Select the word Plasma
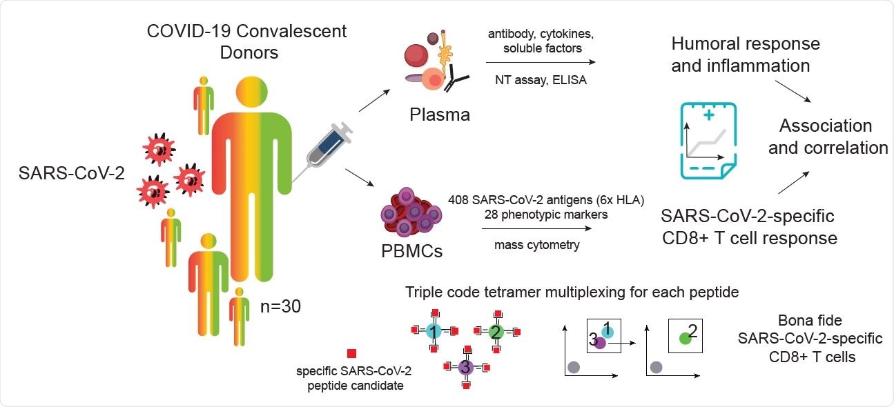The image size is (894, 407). coord(437,115)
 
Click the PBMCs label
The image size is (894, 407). coord(412,250)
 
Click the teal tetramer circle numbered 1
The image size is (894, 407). coord(433,331)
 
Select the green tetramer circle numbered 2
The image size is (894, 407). coord(496,332)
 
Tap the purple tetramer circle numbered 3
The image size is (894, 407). coord(465,368)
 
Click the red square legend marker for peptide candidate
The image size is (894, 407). coord(351,353)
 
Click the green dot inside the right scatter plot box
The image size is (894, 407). coord(685,338)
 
